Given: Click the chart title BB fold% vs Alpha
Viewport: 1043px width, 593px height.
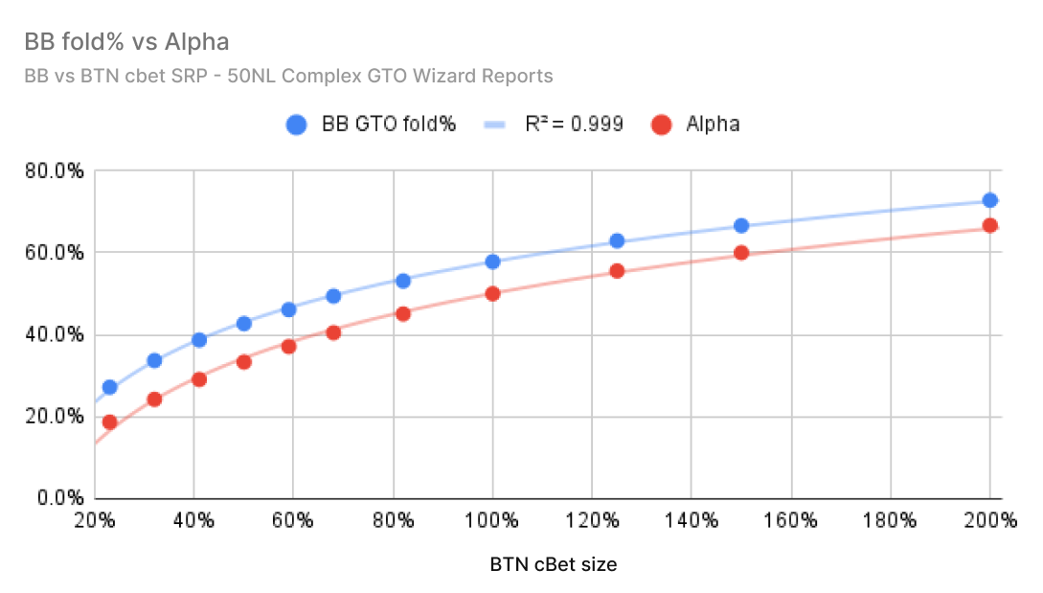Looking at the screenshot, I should tap(126, 43).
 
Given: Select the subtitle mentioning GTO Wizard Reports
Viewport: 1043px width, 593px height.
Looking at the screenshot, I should tap(288, 75).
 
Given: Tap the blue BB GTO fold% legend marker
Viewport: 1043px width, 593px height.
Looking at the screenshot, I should tap(296, 125).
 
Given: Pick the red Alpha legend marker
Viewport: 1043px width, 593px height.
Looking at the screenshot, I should tap(660, 125).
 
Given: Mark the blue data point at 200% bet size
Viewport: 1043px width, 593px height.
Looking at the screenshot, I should tap(990, 200).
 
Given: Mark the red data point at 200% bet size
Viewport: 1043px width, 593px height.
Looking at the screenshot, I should tap(990, 226).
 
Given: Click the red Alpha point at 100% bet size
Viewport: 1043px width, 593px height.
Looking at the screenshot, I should tap(493, 294).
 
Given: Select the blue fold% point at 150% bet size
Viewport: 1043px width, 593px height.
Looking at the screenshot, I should tap(741, 226).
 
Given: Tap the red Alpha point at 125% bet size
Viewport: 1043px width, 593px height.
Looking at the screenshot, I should tap(617, 271).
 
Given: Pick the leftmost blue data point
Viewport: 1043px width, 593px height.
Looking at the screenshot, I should tap(109, 387).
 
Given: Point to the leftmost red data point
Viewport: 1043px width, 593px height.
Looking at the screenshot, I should tap(109, 422).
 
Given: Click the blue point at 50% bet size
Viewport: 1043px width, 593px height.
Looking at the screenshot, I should tap(243, 324).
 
